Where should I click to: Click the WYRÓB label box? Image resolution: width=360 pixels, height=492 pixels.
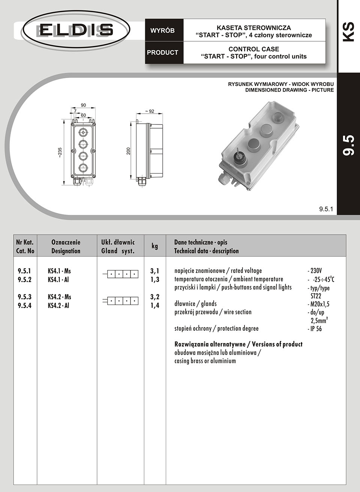162,31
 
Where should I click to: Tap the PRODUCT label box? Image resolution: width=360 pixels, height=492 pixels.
162,52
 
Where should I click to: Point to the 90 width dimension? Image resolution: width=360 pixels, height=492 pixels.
83,105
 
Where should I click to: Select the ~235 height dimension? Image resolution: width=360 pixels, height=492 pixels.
60,152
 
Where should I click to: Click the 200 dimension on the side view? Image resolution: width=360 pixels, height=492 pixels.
128,151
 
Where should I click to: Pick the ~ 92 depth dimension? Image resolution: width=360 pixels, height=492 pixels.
149,111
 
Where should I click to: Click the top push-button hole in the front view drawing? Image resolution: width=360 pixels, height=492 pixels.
82,132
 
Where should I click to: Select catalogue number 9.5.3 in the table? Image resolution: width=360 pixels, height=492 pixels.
25,297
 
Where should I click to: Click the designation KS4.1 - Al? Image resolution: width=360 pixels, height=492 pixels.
58,279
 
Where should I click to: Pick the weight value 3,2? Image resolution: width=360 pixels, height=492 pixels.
155,297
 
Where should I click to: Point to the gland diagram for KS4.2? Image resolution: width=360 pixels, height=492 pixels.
120,301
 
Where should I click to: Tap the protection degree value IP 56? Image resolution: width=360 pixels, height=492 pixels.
315,329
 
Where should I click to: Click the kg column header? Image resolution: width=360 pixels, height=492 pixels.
154,246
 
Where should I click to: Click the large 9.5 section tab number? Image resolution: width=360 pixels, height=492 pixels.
349,145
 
